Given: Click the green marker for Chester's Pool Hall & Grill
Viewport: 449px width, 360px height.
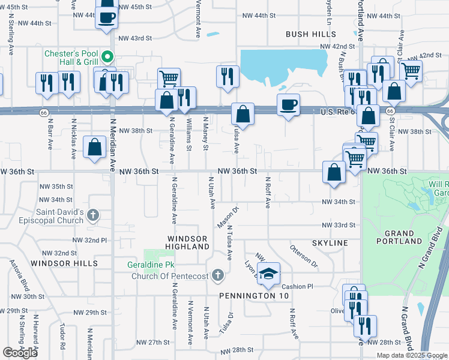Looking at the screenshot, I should point(108,58).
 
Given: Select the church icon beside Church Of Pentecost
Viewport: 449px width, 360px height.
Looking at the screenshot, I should point(217,276).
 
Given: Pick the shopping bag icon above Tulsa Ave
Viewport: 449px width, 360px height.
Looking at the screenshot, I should point(243,113).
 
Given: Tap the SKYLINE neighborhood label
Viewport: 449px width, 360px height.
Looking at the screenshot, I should point(330,242).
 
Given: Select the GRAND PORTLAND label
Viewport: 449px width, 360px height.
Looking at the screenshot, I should point(399,237).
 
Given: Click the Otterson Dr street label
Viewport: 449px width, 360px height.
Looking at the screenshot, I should point(303,255).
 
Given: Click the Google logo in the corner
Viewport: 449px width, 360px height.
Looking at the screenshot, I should point(20,353).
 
